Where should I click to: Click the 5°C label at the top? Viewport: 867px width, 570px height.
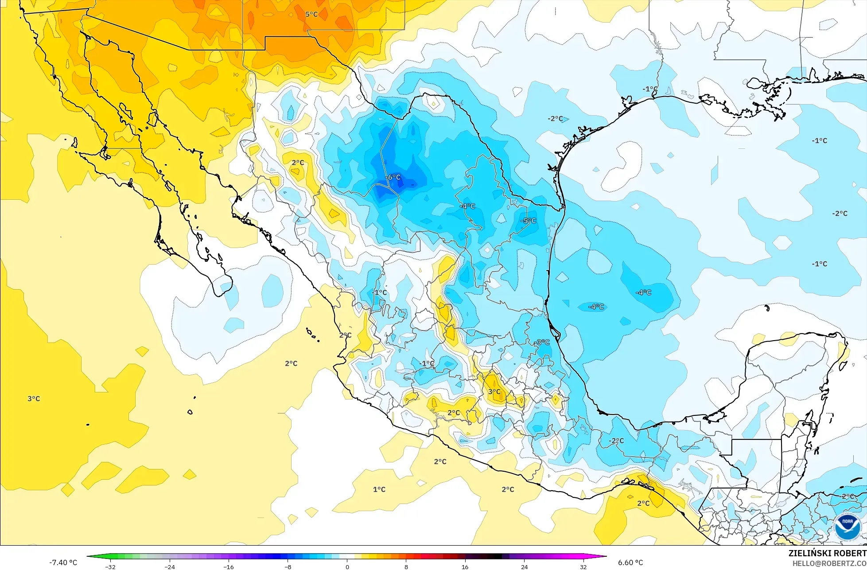(x=311, y=14)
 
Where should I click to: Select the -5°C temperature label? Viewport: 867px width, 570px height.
(x=528, y=221)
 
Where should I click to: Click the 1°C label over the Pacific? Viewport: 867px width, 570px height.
(x=379, y=489)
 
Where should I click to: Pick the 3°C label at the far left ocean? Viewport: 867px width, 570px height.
(x=34, y=399)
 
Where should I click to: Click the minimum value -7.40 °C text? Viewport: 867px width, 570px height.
(x=63, y=562)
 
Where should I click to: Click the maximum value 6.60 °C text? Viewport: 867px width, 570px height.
(x=630, y=562)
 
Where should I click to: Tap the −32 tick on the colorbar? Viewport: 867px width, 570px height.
(x=110, y=566)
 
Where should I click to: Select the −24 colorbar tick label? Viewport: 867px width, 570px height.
(x=170, y=566)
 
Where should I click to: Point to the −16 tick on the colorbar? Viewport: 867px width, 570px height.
(x=229, y=566)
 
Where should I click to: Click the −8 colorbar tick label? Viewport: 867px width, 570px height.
(x=288, y=566)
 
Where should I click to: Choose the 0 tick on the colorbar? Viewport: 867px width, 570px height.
(x=347, y=566)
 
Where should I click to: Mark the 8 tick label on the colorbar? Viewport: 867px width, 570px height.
(x=406, y=566)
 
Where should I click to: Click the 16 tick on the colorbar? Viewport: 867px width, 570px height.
(x=465, y=566)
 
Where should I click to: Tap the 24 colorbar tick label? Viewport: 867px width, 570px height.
(x=525, y=566)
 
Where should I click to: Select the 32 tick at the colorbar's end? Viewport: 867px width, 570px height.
(x=583, y=566)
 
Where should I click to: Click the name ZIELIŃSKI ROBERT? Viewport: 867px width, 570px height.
(x=827, y=554)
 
